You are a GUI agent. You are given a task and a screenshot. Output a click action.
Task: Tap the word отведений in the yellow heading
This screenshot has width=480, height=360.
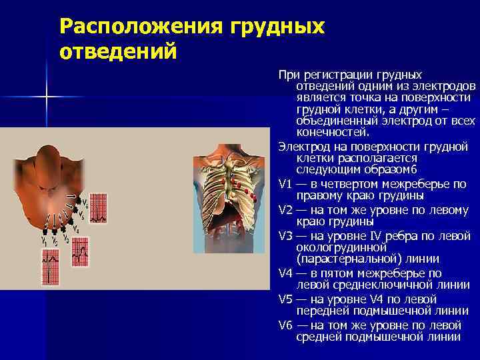point(118,51)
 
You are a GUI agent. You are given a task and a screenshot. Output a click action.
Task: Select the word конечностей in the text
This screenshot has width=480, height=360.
point(331,132)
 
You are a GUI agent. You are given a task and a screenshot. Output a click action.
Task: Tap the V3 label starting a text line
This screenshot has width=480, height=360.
point(287,235)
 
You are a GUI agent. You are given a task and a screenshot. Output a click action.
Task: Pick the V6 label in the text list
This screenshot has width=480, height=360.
point(287,325)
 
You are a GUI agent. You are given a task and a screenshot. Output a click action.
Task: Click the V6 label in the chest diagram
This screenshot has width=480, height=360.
point(84,201)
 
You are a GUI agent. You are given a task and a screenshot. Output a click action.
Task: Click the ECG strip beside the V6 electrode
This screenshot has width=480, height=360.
point(97,207)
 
